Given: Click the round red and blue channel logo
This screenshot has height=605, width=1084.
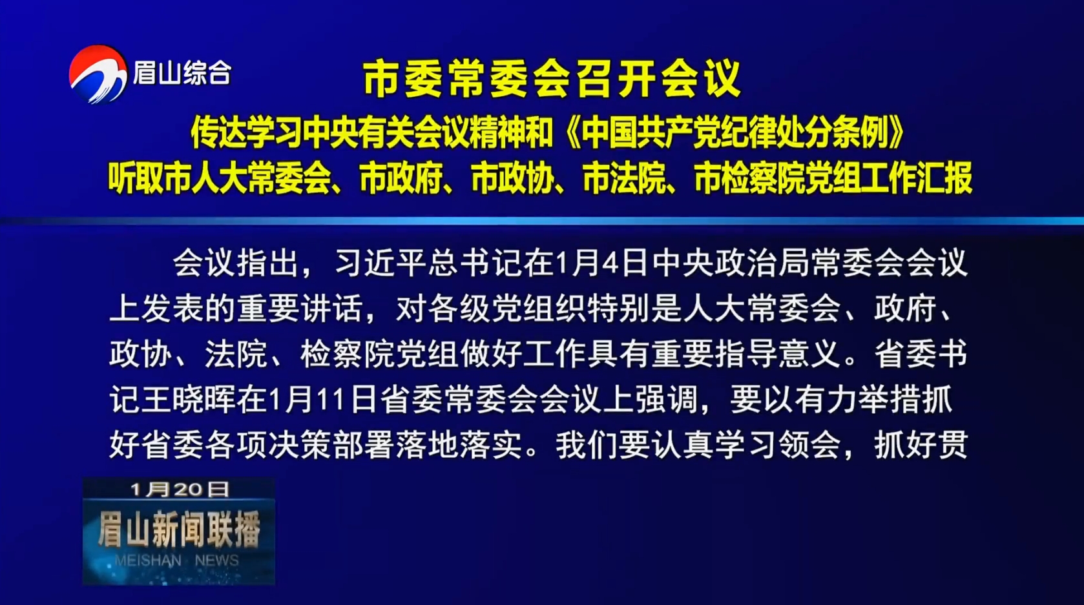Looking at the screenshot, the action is tap(98, 74).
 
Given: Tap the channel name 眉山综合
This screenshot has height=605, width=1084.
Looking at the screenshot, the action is tap(182, 74).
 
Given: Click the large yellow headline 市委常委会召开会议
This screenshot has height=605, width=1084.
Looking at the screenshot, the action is tap(552, 78).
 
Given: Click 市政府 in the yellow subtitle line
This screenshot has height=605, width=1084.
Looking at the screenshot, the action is tap(401, 178).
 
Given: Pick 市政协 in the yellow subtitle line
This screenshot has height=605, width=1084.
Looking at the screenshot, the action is tap(513, 178).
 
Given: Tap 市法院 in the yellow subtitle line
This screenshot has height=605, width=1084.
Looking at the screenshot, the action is tap(625, 178).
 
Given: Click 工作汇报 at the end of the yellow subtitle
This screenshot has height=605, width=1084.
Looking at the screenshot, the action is tap(917, 178).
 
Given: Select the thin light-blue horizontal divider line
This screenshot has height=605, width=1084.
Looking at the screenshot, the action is tap(542, 221).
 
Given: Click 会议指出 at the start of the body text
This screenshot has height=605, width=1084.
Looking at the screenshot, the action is tap(235, 263).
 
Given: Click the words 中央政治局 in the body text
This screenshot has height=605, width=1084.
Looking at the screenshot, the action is tap(730, 263).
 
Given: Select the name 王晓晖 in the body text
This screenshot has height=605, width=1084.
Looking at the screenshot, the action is tap(188, 400).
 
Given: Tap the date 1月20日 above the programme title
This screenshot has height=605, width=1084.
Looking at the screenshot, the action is tap(180, 489).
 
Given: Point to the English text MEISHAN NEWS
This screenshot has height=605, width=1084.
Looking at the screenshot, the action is tap(177, 560).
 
